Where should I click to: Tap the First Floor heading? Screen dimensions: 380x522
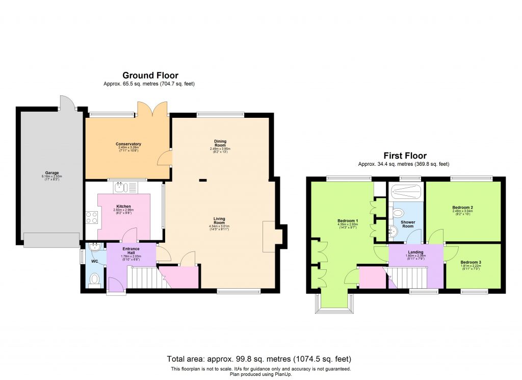tap(405, 156)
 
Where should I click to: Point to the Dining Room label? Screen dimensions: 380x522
tap(220, 143)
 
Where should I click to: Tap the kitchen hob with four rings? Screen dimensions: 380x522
tap(92, 218)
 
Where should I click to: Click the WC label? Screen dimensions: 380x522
tap(94, 262)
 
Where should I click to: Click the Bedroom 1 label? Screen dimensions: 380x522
tap(348, 221)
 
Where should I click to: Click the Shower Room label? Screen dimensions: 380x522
tap(408, 224)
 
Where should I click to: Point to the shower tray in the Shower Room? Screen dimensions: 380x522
tap(406, 192)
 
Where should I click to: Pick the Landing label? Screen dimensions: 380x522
tap(414, 251)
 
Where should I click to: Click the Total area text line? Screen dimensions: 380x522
tap(259, 359)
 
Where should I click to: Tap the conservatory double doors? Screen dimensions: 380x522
tap(152, 108)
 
